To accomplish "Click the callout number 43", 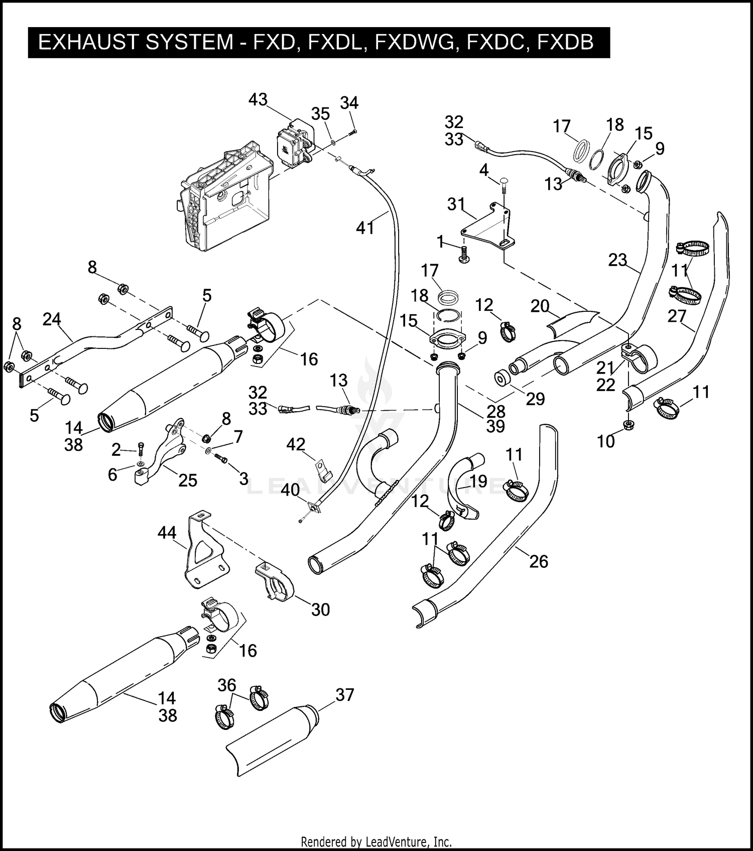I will [x=258, y=99].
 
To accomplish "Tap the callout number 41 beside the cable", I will [x=365, y=228].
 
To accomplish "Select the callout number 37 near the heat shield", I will [x=345, y=695].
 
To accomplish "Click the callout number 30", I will [x=320, y=610].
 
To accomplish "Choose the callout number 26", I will [x=539, y=561].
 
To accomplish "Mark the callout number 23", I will [x=617, y=260].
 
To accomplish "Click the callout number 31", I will [x=456, y=204].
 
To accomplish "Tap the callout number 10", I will [x=606, y=441].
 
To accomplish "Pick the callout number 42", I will [x=296, y=444].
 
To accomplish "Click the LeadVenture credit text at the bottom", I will [x=376, y=841].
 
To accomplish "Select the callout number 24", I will [x=52, y=319].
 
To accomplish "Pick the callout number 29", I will [x=535, y=399].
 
